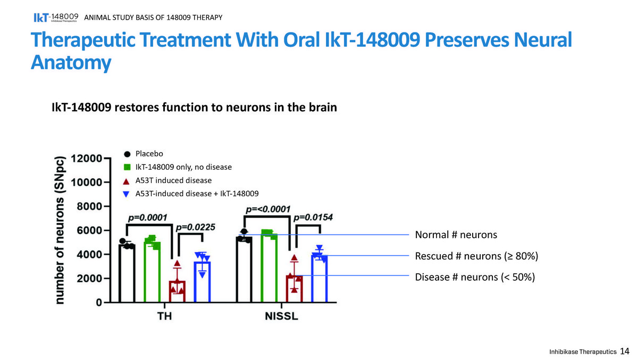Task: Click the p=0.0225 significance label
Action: (x=196, y=227)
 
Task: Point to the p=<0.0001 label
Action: (x=268, y=210)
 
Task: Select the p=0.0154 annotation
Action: (x=313, y=217)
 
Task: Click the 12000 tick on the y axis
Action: (x=86, y=158)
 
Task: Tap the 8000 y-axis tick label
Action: (x=89, y=206)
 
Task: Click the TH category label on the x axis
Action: (x=165, y=316)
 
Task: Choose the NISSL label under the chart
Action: (x=281, y=316)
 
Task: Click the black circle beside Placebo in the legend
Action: (x=127, y=154)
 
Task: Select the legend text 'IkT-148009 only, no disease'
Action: (x=183, y=167)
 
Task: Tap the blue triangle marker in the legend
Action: (x=126, y=194)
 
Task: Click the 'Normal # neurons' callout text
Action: (x=456, y=235)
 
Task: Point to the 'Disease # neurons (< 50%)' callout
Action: (x=475, y=277)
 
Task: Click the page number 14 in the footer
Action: (x=625, y=351)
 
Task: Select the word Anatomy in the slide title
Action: (x=71, y=63)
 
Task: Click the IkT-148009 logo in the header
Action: (x=56, y=18)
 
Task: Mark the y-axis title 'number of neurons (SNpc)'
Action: (x=59, y=230)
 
